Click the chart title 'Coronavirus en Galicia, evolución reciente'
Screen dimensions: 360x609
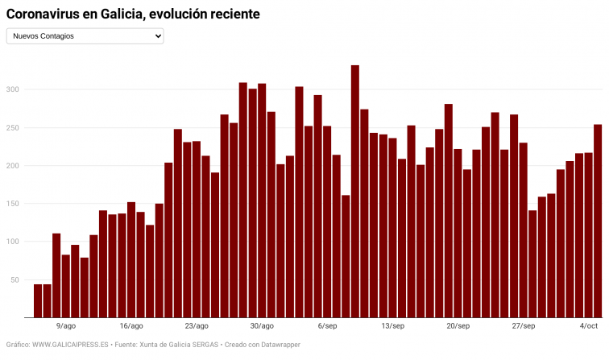coord(133,14)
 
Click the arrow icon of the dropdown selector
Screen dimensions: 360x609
coord(157,36)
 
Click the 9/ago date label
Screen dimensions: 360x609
coord(66,326)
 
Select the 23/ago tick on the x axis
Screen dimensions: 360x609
coord(197,326)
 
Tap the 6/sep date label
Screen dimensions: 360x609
coord(327,326)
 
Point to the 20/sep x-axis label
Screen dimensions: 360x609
coord(458,326)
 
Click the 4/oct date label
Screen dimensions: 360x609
coord(589,326)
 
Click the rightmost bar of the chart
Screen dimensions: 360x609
coord(598,221)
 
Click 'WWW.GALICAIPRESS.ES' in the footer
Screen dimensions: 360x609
coord(70,345)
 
